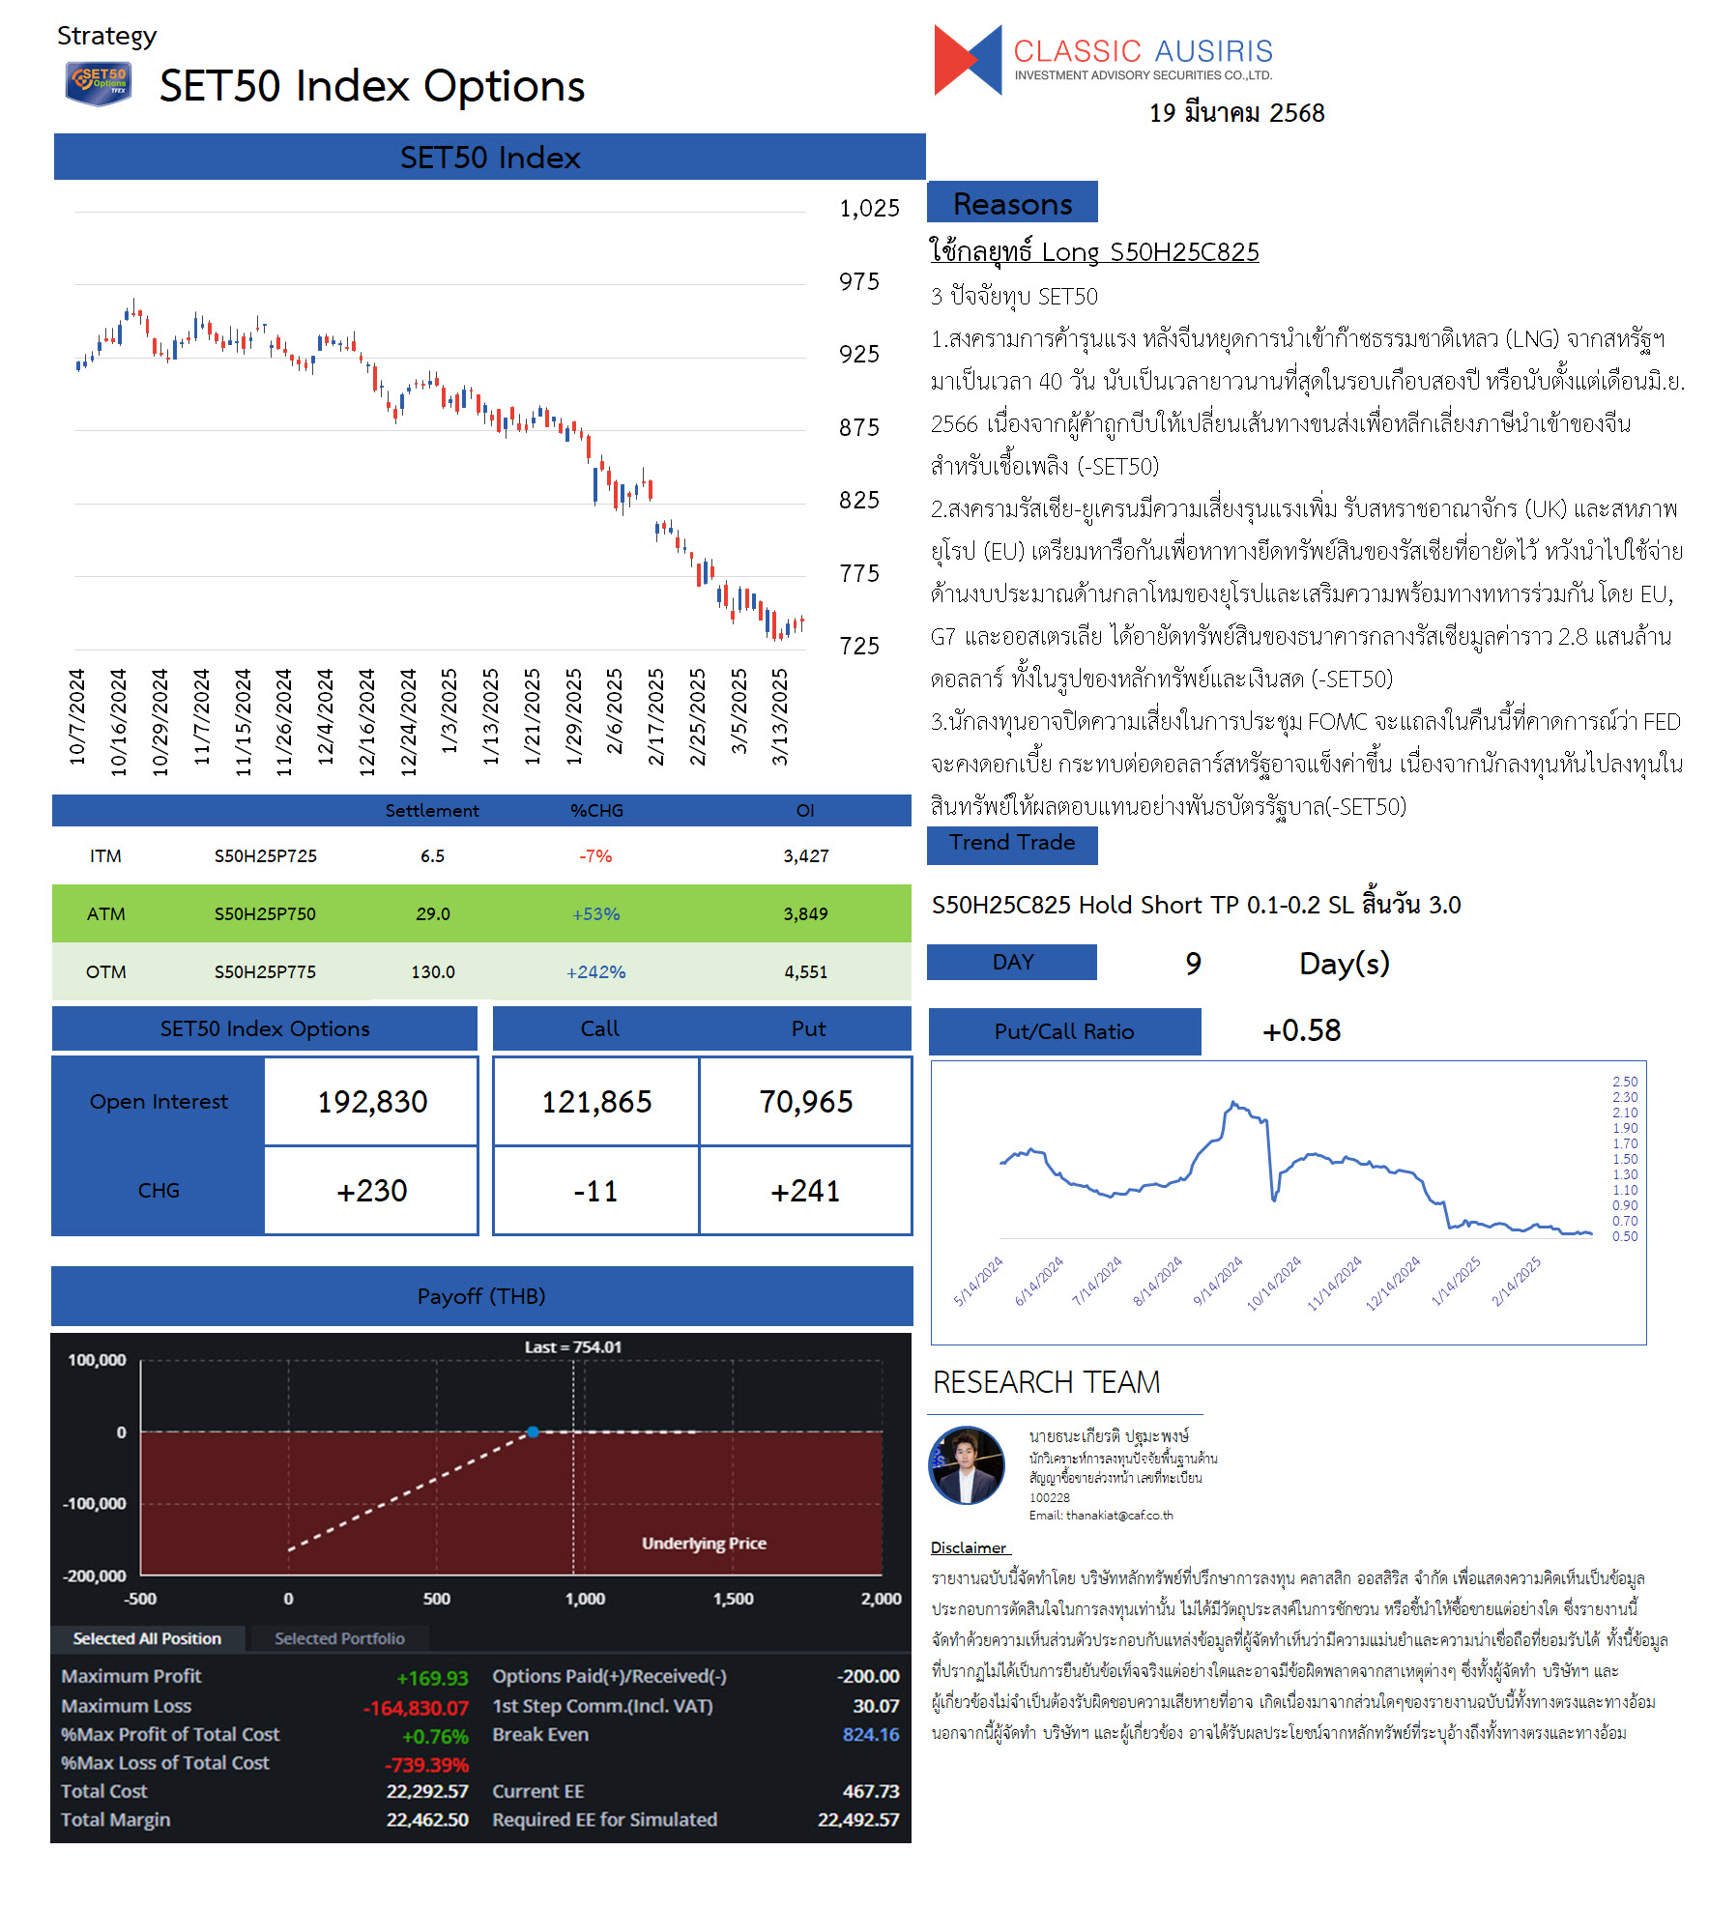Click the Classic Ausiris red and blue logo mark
(968, 60)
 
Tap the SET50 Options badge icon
(99, 83)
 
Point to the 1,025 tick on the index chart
(869, 209)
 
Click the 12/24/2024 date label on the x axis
(408, 722)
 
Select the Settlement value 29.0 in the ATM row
(433, 914)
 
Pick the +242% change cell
(595, 972)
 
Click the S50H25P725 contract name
(266, 856)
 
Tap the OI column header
(805, 811)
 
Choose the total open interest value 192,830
(372, 1102)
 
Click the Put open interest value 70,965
(806, 1102)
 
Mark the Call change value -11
(595, 1191)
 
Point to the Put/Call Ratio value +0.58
(1301, 1030)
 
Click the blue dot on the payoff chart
(533, 1431)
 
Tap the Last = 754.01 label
(573, 1347)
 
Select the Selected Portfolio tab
(339, 1638)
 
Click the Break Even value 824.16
(871, 1735)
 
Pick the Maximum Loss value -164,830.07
(416, 1708)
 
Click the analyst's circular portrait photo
(967, 1465)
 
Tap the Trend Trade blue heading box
(1012, 845)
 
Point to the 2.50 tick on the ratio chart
(1625, 1082)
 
